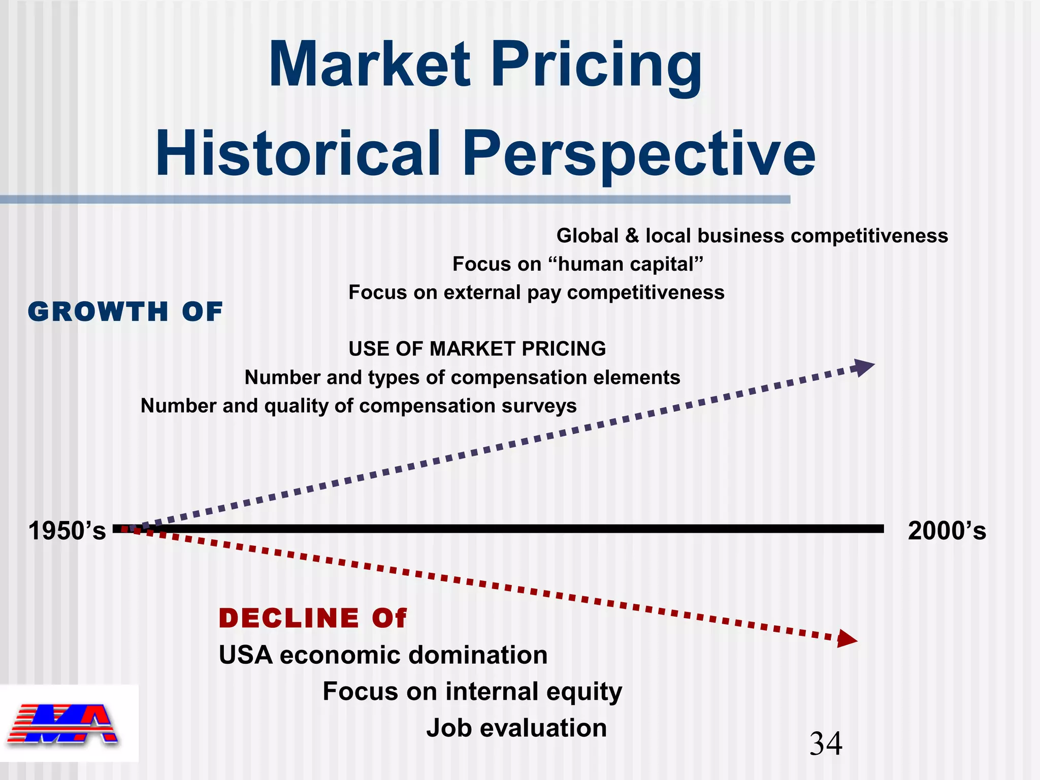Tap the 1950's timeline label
(x=67, y=531)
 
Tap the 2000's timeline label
(x=947, y=531)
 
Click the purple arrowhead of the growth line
(x=863, y=367)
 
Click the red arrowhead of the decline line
(x=846, y=639)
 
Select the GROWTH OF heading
(x=125, y=312)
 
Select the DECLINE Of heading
(x=312, y=618)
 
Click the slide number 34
(x=826, y=744)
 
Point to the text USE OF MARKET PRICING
(x=477, y=349)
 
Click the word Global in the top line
(x=588, y=236)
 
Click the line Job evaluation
(x=516, y=728)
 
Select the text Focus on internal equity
(x=472, y=691)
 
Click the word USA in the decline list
(x=246, y=655)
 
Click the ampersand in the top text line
(x=632, y=236)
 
